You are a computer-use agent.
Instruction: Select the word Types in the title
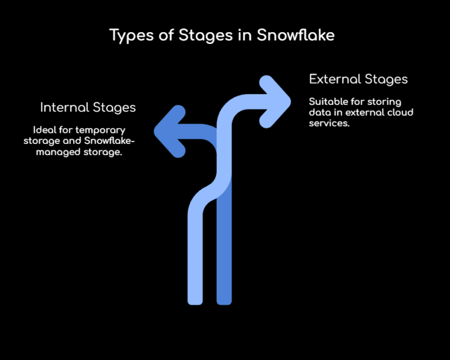[131, 35]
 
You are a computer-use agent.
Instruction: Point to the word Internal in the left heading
[64, 108]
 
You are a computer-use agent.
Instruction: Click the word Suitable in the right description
[327, 102]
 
